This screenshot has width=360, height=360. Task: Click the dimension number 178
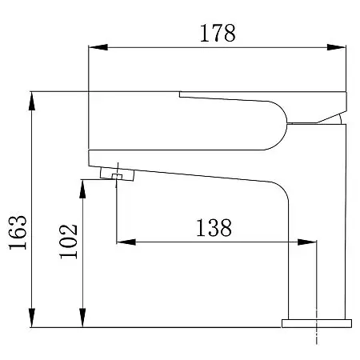point(218,33)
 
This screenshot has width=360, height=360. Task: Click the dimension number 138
point(214,228)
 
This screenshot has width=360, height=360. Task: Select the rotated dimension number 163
point(18,232)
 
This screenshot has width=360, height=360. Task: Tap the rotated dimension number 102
point(69,242)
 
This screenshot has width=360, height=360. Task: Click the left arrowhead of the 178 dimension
point(98,47)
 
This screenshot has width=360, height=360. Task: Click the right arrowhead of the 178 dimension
point(336,47)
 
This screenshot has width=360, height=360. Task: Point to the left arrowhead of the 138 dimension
point(126,242)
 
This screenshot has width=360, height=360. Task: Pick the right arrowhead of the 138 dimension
point(307,242)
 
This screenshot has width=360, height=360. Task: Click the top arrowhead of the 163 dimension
point(32,101)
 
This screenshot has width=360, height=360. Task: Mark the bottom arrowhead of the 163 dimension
point(32,318)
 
